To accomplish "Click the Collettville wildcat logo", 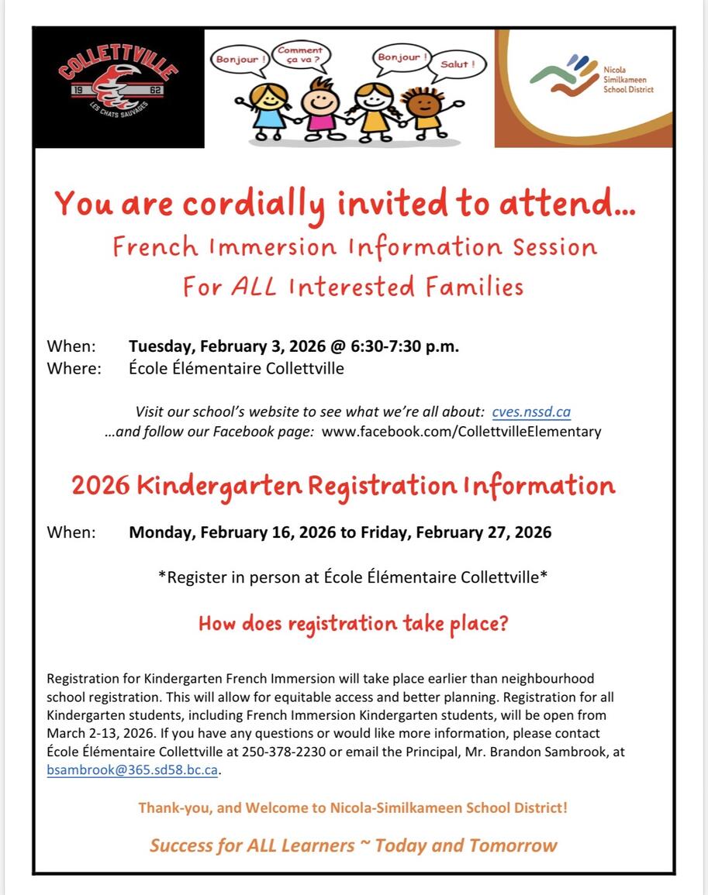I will point(118,87).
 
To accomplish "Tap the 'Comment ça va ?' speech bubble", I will point(299,55).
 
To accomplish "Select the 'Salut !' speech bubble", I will point(458,64).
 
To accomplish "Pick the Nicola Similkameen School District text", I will point(628,79).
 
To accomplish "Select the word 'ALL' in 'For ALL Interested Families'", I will point(254,287).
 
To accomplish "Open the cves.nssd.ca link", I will point(531,411).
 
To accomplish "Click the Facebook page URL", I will point(461,431).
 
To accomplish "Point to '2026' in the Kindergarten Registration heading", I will point(101,486).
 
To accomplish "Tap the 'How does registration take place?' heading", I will point(354,623).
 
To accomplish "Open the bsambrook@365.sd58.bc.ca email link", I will point(133,770).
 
